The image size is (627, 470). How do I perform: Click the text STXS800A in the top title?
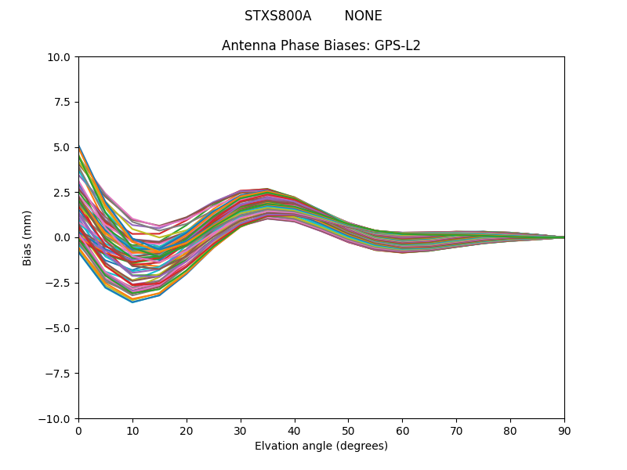277,16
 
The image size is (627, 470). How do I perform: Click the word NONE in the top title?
363,16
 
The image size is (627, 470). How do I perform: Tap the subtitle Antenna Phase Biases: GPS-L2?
321,45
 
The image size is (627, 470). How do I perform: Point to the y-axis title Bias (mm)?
27,237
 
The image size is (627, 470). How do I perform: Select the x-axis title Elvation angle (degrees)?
321,446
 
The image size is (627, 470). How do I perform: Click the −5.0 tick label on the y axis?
58,328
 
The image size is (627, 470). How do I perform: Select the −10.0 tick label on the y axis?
55,418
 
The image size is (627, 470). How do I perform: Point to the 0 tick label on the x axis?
78,431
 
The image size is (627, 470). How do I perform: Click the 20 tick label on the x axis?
187,431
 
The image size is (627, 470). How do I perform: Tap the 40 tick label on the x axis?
295,431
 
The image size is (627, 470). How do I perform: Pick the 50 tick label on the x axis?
348,431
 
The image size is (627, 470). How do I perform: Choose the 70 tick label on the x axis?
456,431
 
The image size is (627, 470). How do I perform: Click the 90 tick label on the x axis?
564,431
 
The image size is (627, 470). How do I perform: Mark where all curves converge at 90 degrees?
564,237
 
